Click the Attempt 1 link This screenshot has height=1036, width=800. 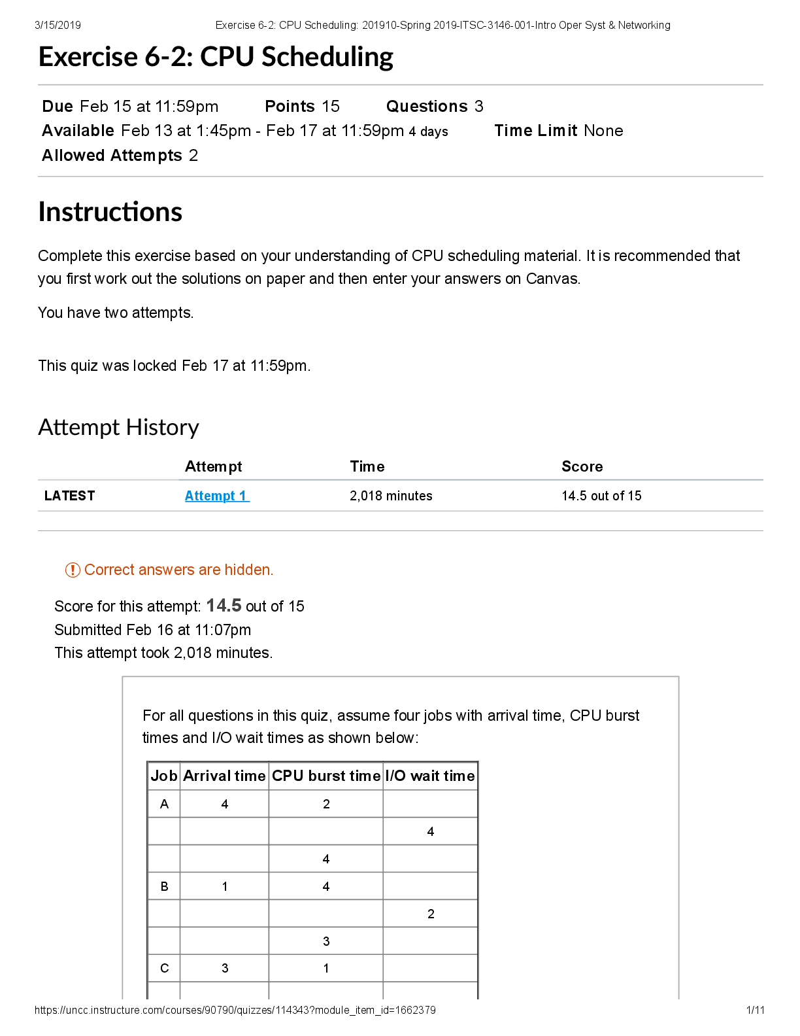tap(216, 496)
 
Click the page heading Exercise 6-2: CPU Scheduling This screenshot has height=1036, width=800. tap(216, 57)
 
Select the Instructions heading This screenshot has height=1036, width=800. tap(110, 212)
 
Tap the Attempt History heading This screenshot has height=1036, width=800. tap(118, 427)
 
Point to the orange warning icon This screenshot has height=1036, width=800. tap(73, 570)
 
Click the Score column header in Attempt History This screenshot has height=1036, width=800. tap(582, 466)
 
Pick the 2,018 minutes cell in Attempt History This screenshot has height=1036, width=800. tap(391, 496)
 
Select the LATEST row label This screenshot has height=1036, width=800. tap(69, 496)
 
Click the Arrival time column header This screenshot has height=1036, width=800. tap(224, 776)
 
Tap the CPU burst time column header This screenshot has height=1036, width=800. tap(325, 776)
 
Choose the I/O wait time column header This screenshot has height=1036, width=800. tap(430, 776)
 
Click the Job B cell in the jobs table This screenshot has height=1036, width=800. tap(164, 886)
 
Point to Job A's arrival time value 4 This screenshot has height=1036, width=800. tap(225, 804)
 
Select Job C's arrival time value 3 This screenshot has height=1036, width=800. tap(225, 968)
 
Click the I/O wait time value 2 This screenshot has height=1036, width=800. tap(431, 914)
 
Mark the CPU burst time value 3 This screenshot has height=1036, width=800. tap(326, 941)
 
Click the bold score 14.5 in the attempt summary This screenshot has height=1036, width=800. tap(224, 606)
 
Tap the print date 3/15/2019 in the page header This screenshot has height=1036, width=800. tap(58, 25)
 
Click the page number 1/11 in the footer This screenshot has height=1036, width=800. tap(755, 1010)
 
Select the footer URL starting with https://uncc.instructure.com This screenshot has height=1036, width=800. tap(235, 1010)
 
